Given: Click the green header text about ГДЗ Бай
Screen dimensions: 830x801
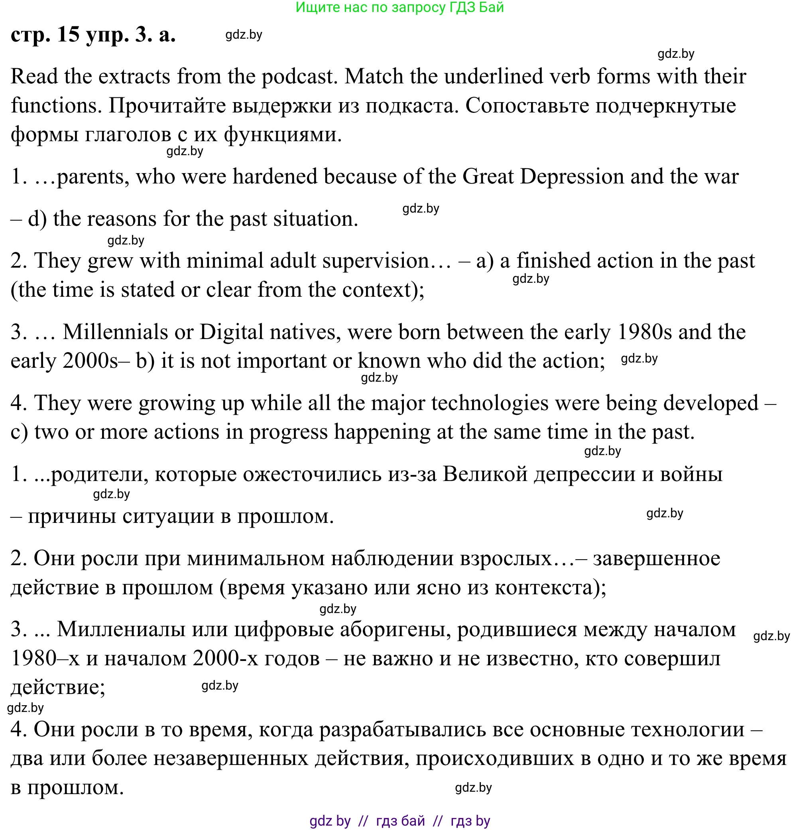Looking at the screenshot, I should click(x=399, y=8).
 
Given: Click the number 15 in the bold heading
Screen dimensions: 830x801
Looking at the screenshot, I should click(x=68, y=35).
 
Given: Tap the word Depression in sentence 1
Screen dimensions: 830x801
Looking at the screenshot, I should click(x=571, y=177).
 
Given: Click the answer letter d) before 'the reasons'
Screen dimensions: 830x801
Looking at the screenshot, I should click(x=37, y=219).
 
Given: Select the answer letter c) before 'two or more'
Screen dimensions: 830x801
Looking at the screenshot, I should click(x=19, y=432).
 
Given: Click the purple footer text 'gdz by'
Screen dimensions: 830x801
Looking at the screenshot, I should click(x=330, y=821).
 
